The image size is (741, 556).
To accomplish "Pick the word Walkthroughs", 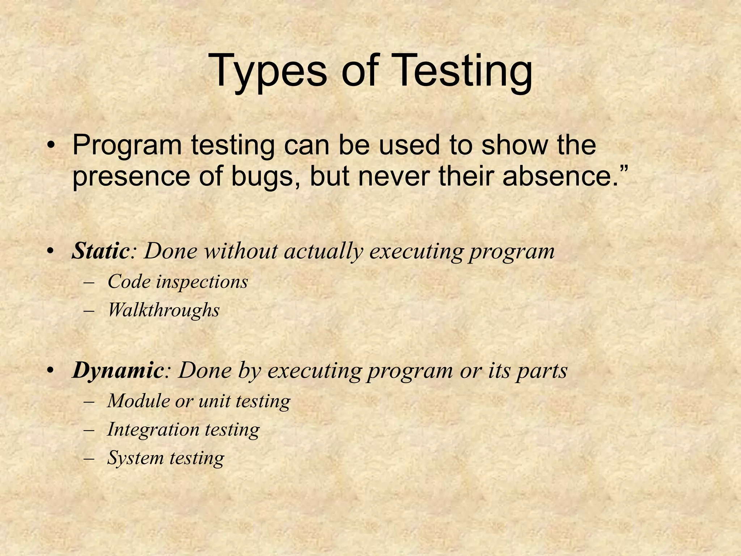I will click(164, 310).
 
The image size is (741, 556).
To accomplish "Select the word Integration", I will click(153, 430).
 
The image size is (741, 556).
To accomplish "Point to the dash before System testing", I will click(88, 458).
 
